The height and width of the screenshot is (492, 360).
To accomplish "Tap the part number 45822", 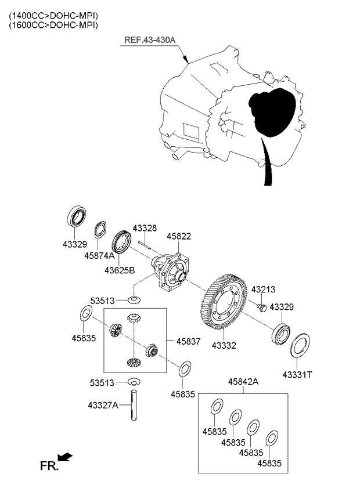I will tap(179, 237).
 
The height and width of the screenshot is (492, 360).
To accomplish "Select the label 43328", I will tap(145, 228).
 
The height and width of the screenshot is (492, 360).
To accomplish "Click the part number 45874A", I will tap(99, 255).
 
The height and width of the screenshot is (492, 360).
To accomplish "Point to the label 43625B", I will tap(120, 270).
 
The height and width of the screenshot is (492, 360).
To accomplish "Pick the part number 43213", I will tap(262, 289).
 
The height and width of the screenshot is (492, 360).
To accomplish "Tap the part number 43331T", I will tap(297, 374).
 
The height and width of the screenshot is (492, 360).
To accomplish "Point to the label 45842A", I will tap(243, 382).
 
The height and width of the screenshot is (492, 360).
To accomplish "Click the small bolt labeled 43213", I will tap(261, 306).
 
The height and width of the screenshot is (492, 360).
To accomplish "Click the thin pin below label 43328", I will tap(145, 244).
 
